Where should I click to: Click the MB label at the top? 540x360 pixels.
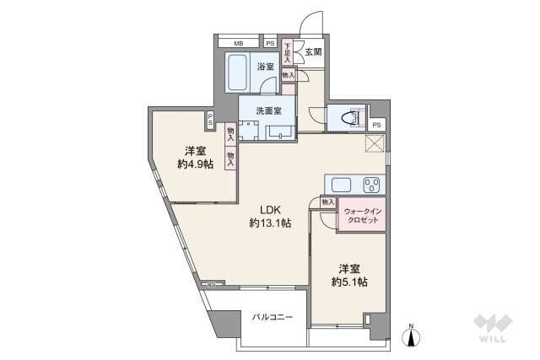tap(238, 44)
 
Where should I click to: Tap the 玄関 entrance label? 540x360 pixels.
tap(313, 52)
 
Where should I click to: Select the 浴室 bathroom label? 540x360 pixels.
tap(266, 67)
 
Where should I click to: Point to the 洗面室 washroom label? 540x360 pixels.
tap(268, 111)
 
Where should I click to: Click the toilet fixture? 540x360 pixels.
tap(351, 118)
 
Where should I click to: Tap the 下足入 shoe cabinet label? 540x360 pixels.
tap(287, 52)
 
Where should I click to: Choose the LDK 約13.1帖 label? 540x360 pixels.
tap(270, 217)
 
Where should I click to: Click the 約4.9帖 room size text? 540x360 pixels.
tap(195, 164)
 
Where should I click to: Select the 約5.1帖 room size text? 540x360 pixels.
tap(349, 282)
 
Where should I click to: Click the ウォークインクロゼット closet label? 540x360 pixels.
tap(363, 216)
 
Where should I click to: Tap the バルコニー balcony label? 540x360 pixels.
tap(273, 317)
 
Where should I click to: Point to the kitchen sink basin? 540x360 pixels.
tap(341, 185)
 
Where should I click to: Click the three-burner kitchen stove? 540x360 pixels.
tap(371, 185)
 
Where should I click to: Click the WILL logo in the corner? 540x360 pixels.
tap(493, 327)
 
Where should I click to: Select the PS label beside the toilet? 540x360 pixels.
tap(377, 125)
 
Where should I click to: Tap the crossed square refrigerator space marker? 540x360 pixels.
tap(375, 143)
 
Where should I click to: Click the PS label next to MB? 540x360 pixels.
tap(270, 44)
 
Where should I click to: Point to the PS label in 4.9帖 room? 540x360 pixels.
tap(210, 120)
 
